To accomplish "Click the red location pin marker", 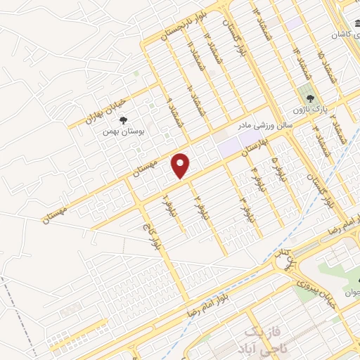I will (x=181, y=166).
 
